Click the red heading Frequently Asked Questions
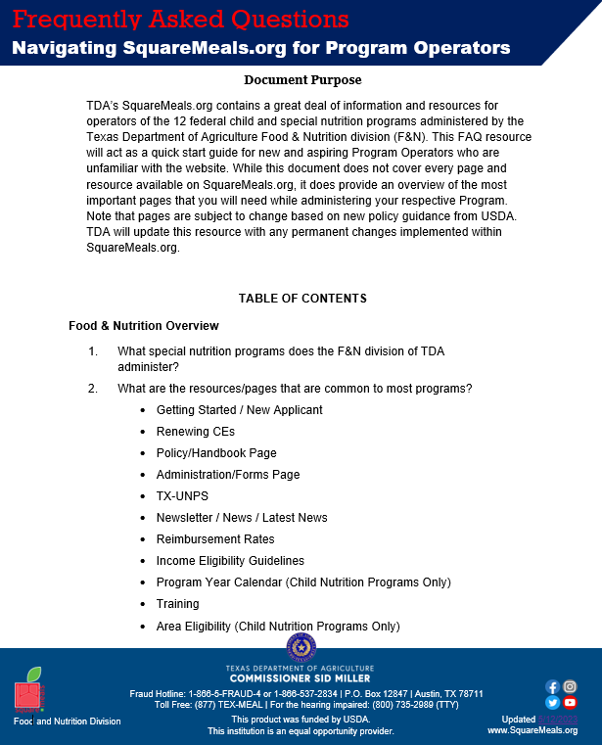click(181, 20)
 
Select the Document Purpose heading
click(302, 79)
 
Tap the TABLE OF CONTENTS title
click(302, 299)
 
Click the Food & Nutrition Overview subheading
click(144, 326)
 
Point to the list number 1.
click(93, 351)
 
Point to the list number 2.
click(93, 389)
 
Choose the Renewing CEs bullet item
click(196, 432)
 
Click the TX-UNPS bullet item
click(182, 496)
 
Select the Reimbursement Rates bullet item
click(215, 539)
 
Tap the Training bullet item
click(177, 604)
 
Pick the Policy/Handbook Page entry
click(216, 453)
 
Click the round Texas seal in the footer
click(301, 648)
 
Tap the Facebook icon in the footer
click(553, 686)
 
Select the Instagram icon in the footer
click(570, 686)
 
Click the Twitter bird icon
click(553, 702)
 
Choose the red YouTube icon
click(570, 702)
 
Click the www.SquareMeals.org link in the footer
click(546, 730)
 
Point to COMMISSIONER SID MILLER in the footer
click(301, 678)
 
